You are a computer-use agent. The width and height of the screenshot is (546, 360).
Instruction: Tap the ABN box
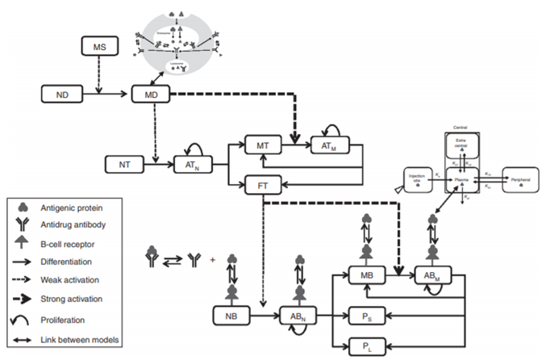(298, 314)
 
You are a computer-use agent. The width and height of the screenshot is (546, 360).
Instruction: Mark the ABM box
(434, 277)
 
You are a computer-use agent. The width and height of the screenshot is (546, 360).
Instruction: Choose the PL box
(367, 347)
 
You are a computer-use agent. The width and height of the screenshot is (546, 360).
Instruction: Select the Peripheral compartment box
(522, 177)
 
